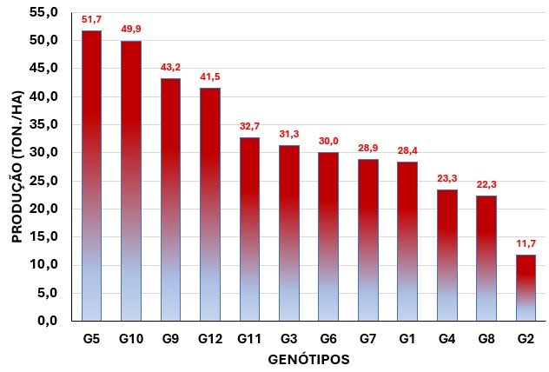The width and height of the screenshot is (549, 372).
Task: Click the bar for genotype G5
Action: (x=91, y=174)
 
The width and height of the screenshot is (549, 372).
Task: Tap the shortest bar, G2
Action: (x=525, y=287)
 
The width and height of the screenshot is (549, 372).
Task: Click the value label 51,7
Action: (x=91, y=19)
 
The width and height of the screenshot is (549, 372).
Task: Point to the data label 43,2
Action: (x=170, y=67)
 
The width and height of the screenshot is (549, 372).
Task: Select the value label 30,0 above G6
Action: (x=327, y=141)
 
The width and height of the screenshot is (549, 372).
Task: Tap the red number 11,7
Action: (x=525, y=244)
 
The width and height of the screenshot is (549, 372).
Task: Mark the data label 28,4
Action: (x=407, y=149)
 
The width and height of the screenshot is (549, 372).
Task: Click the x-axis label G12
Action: (x=209, y=338)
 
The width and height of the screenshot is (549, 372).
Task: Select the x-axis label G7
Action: (x=367, y=338)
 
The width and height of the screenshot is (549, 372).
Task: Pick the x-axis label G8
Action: (x=486, y=338)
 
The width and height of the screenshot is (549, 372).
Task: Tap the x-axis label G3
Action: (x=288, y=338)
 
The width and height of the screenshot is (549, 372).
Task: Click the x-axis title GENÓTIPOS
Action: (x=308, y=358)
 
